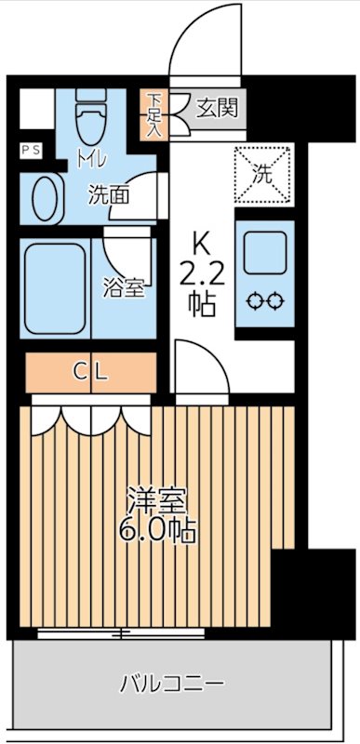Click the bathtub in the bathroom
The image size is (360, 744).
coord(55,287)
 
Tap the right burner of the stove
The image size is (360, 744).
coord(276,300)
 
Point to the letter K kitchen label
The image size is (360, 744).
coord(201,245)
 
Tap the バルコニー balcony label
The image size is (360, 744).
coord(172,684)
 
